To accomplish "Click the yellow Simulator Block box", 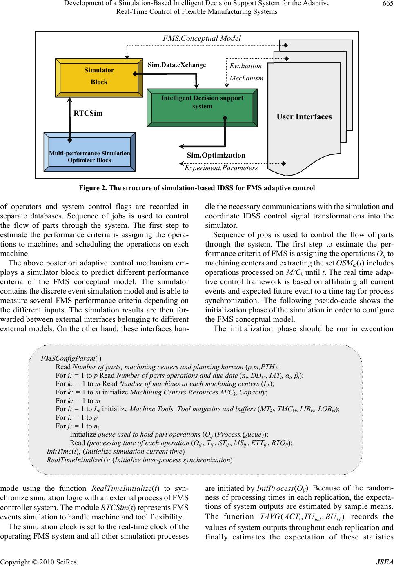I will coord(99,76).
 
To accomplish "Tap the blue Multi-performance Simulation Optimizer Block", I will coord(89,156).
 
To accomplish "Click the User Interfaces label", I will coord(304,117).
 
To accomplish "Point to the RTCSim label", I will coord(88,113).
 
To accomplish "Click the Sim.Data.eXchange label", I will coord(177,65).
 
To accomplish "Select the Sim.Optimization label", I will coord(216,155).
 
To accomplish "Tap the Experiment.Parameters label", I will coord(221,168).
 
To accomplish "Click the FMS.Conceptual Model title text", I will coord(202,38).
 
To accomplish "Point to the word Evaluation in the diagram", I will coord(245,66).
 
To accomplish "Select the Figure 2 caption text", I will coord(197,188).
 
